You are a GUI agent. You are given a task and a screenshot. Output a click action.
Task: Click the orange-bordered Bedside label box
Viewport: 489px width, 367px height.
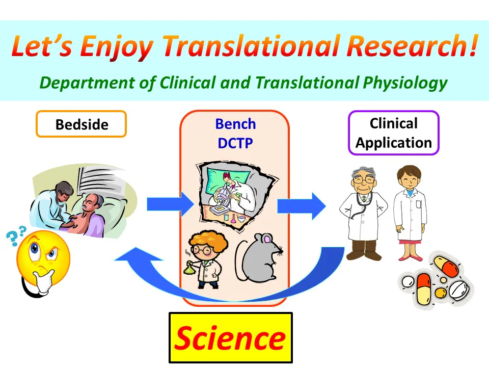coord(81,124)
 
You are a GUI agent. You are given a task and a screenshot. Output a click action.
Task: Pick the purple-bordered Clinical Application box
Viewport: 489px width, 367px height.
coord(393,133)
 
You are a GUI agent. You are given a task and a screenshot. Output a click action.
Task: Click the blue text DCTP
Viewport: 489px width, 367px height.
coord(235,143)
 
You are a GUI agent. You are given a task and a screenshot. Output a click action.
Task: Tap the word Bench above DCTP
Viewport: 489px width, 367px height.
coord(235,124)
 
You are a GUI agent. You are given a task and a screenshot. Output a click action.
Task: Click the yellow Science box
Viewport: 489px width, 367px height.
coord(230,337)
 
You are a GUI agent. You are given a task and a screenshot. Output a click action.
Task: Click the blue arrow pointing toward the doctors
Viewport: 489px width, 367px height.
coord(301,205)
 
